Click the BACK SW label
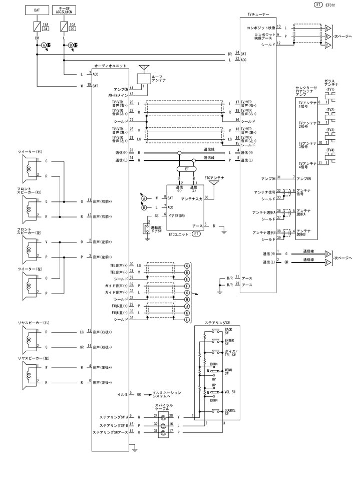(228, 331)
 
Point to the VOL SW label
(230, 392)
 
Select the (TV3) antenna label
(330, 130)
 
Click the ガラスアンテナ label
(331, 83)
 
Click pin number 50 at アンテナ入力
(206, 197)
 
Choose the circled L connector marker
(187, 319)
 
